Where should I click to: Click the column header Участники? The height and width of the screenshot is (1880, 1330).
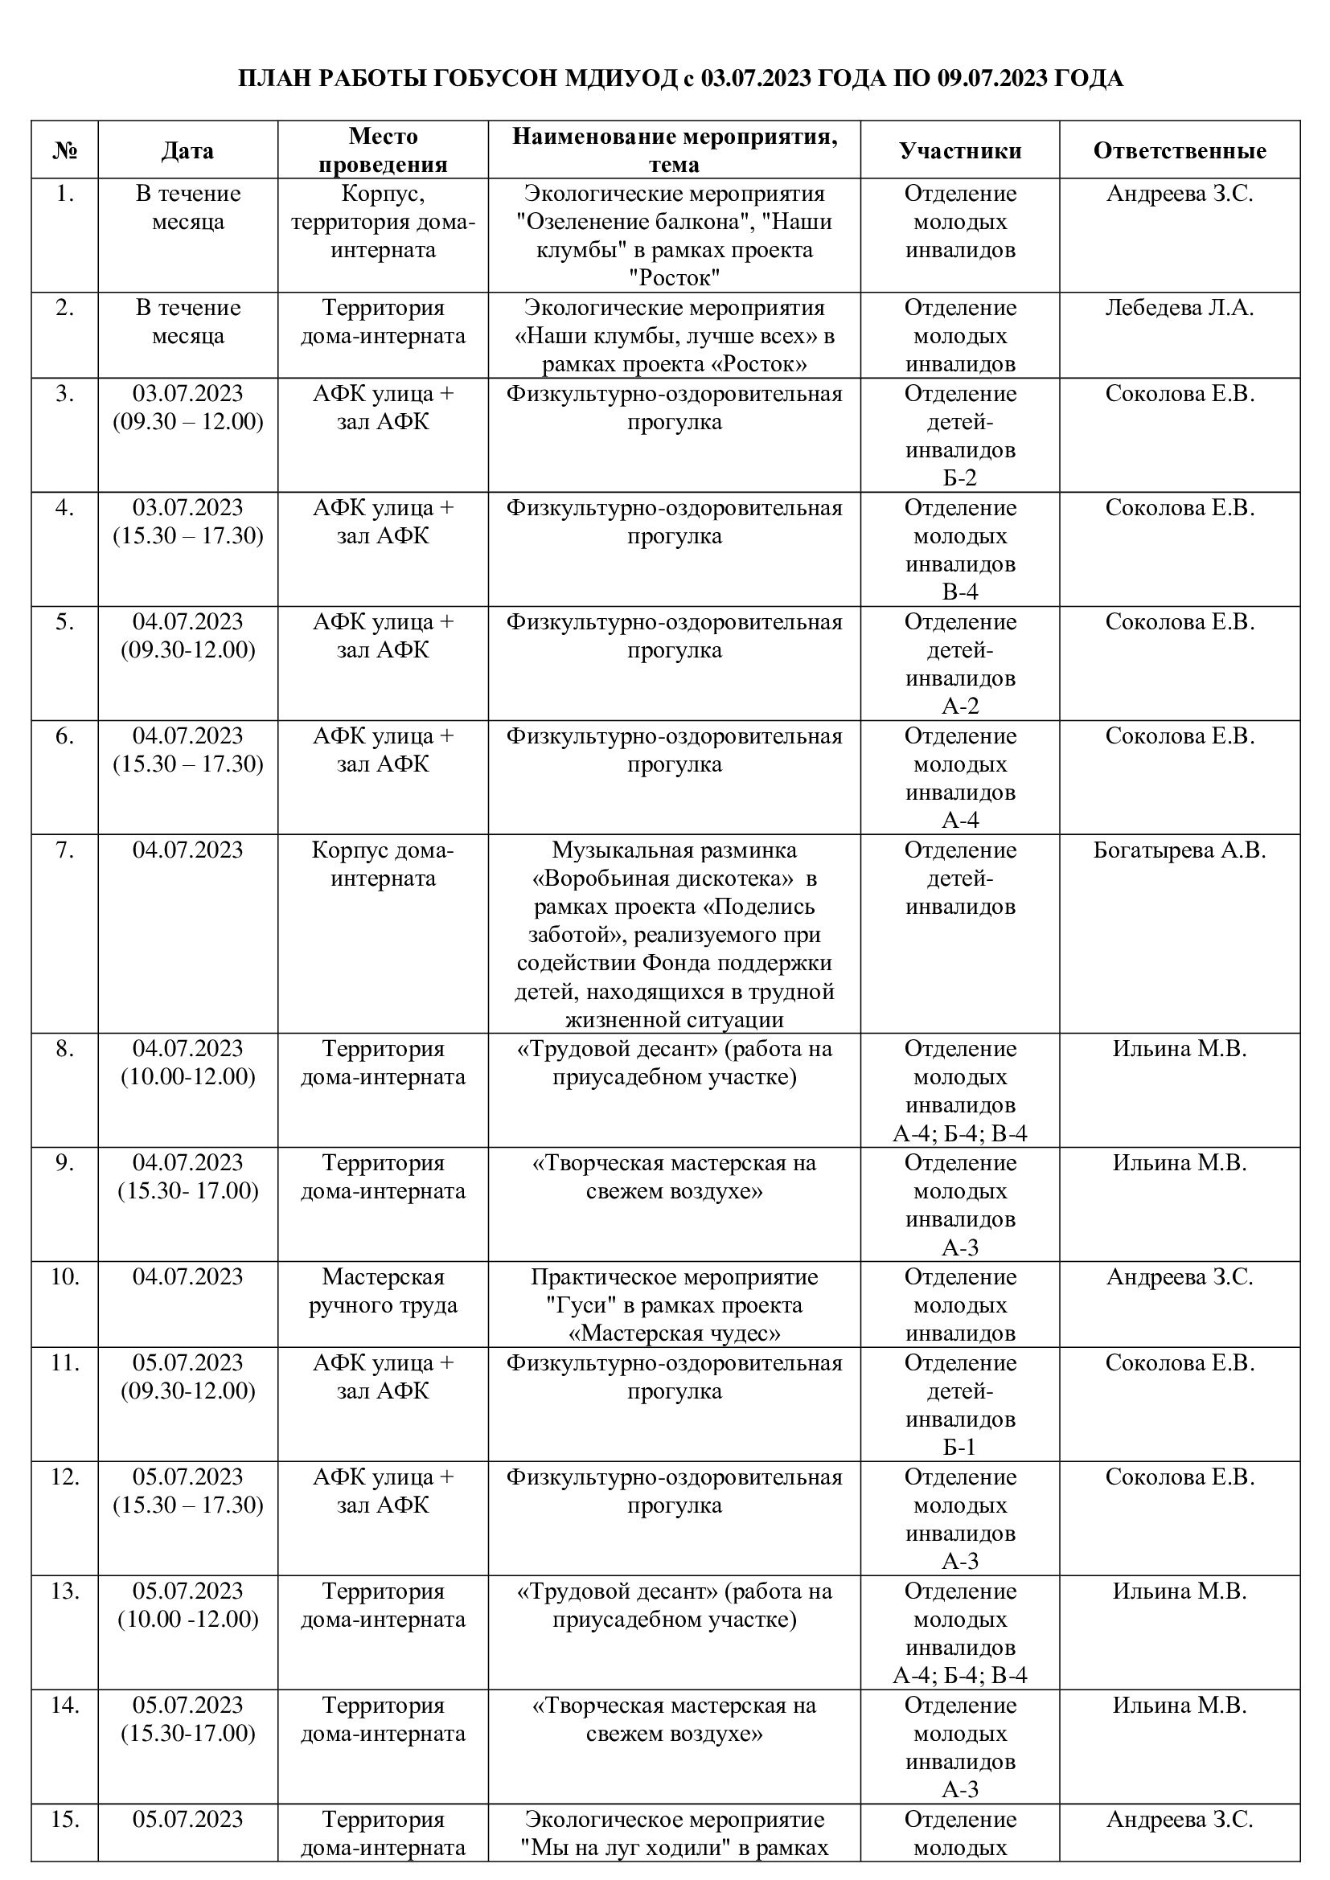pyautogui.click(x=960, y=150)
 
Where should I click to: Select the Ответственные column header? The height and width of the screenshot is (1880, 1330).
pyautogui.click(x=1180, y=150)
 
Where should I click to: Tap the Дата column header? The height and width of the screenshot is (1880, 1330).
pyautogui.click(x=187, y=150)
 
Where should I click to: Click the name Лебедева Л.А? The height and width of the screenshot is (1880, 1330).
pyautogui.click(x=1180, y=308)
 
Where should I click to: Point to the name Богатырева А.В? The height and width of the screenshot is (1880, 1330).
pyautogui.click(x=1180, y=850)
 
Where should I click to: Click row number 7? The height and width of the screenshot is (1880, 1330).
pyautogui.click(x=65, y=850)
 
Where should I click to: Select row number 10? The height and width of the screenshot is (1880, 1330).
pyautogui.click(x=65, y=1276)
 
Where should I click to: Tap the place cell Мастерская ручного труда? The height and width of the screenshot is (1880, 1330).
pyautogui.click(x=383, y=1291)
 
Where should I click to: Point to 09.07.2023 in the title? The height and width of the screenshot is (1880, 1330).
pyautogui.click(x=991, y=79)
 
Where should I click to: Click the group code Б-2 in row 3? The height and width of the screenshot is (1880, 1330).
pyautogui.click(x=960, y=478)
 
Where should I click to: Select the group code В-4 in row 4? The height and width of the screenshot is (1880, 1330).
pyautogui.click(x=960, y=592)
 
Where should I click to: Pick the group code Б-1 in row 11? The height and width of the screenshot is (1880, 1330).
pyautogui.click(x=960, y=1447)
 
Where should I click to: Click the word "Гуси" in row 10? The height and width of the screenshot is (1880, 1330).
pyautogui.click(x=573, y=1305)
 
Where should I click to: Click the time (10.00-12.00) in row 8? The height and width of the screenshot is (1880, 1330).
pyautogui.click(x=187, y=1077)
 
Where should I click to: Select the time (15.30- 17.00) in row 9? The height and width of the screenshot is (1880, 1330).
pyautogui.click(x=187, y=1190)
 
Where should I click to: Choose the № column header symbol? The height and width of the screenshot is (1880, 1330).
pyautogui.click(x=65, y=150)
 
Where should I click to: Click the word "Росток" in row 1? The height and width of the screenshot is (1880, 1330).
pyautogui.click(x=674, y=278)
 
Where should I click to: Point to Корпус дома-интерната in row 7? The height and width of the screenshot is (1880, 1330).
pyautogui.click(x=383, y=864)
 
